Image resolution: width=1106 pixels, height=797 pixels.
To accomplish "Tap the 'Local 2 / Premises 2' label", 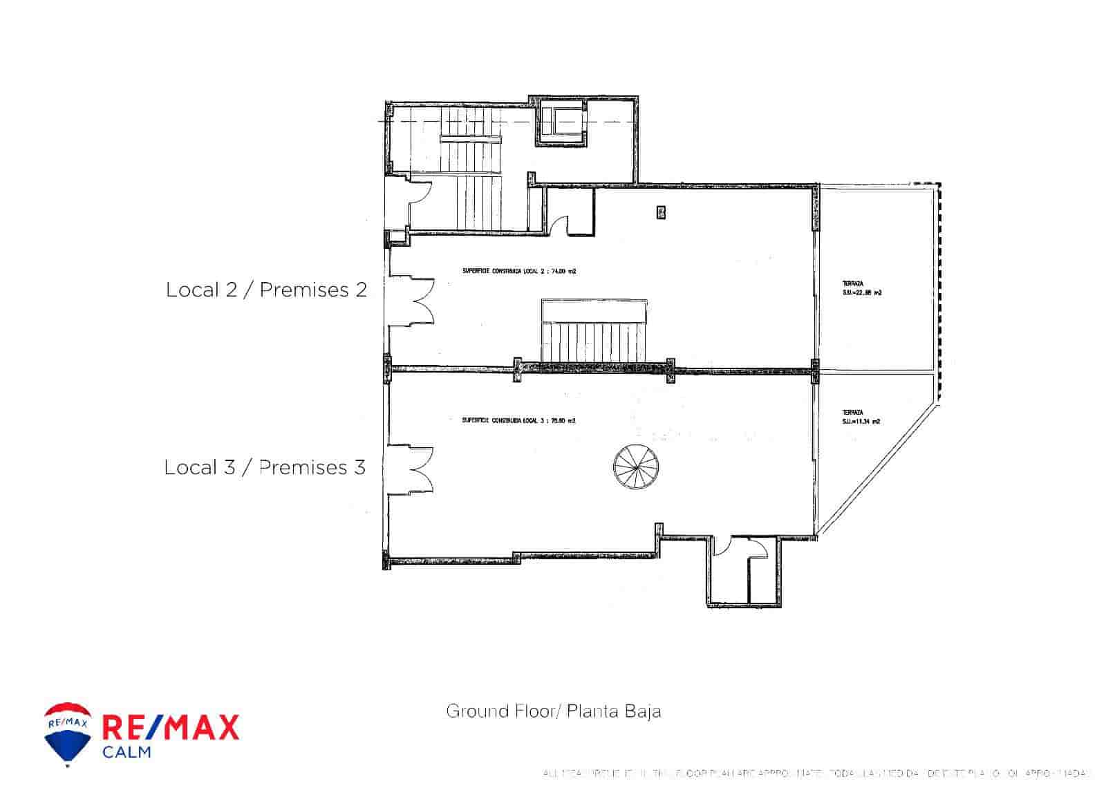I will pos(266,290).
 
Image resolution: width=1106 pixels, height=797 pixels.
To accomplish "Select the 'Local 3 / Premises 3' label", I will pos(265,467).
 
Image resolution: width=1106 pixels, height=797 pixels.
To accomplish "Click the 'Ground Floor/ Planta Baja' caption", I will pos(553,711).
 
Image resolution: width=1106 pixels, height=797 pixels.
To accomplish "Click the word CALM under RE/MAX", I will pos(126,752).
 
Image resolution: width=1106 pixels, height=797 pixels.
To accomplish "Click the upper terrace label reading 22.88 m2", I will pos(861,288).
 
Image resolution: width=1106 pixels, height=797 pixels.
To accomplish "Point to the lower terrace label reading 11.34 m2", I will pos(861,417).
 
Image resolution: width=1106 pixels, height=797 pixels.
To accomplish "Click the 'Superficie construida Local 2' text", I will pos(519,272).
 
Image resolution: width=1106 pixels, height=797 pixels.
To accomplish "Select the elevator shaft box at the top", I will pos(561,122).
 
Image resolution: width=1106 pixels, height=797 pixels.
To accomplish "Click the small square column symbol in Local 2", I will pos(661,212).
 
